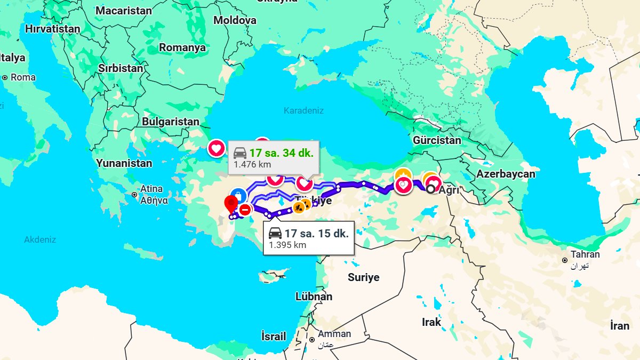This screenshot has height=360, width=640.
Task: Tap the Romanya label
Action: tap(182, 47)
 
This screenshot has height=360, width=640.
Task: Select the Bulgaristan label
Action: tap(170, 122)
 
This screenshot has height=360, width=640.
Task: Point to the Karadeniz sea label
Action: tap(303, 111)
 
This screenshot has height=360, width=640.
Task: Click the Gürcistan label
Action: tap(437, 141)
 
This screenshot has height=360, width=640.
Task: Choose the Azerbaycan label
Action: tap(506, 174)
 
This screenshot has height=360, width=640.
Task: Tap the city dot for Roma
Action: tap(5, 77)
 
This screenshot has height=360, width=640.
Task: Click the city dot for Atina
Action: tap(134, 195)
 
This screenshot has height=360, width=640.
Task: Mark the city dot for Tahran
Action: tap(564, 260)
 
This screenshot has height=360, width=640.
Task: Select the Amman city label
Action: tap(334, 334)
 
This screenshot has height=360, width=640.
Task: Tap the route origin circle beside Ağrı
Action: tap(430, 188)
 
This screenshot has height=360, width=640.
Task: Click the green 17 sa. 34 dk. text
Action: tap(281, 153)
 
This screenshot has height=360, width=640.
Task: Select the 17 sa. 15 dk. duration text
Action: tap(316, 233)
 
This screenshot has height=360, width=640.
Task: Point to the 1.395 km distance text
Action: tap(287, 245)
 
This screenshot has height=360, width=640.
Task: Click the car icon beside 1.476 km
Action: tap(240, 153)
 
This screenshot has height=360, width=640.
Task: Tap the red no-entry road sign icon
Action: tap(245, 210)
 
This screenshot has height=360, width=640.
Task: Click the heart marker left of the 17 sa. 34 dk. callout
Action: tap(217, 148)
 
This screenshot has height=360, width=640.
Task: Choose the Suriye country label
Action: tap(364, 277)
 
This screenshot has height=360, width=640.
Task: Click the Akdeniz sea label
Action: tap(40, 240)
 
